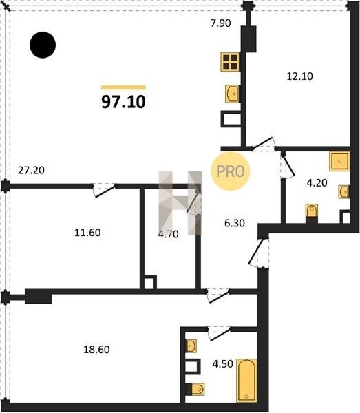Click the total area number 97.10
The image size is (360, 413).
(123, 102)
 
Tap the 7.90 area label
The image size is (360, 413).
(221, 23)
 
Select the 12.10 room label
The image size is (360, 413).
(299, 76)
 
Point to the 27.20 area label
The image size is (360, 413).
(32, 170)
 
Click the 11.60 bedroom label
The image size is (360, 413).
(87, 233)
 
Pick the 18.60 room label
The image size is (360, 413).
(96, 349)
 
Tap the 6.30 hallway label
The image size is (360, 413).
(235, 223)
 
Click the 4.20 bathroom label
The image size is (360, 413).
(317, 182)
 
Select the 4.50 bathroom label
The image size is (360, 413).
(223, 363)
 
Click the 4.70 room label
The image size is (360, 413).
(168, 234)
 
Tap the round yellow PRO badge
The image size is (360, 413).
(230, 171)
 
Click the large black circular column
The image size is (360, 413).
(43, 45)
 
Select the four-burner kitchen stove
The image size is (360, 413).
(231, 62)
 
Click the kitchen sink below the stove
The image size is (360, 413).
(232, 94)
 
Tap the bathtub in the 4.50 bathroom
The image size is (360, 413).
(246, 380)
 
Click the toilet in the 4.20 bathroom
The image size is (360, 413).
(312, 211)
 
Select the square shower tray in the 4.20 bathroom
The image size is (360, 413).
(339, 161)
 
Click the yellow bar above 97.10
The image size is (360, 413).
(123, 87)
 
